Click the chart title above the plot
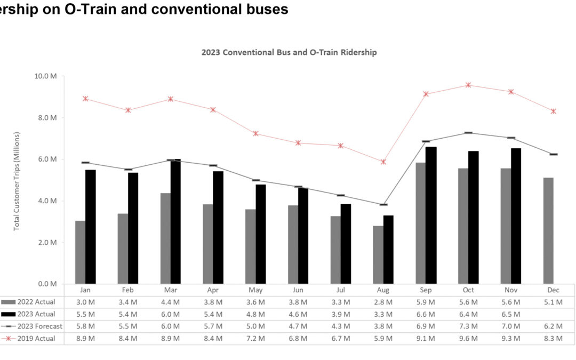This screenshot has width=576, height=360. (x=289, y=52)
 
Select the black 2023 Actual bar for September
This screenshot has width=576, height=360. (x=431, y=215)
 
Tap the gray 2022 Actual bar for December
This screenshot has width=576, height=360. (x=548, y=230)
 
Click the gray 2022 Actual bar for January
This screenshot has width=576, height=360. (x=80, y=252)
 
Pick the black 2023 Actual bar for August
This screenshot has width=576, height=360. (x=388, y=249)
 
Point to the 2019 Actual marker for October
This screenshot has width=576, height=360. (x=468, y=85)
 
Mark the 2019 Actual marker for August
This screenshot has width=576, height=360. (x=383, y=162)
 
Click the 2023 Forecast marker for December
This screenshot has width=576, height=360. (x=554, y=154)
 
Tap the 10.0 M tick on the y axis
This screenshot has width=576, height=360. (x=46, y=76)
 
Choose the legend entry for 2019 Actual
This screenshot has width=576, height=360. (x=33, y=338)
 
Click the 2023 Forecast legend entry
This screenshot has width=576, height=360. (x=35, y=326)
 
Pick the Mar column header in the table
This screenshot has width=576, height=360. (x=171, y=290)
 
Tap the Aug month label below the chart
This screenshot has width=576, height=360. (x=383, y=290)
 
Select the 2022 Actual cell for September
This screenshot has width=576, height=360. (x=426, y=302)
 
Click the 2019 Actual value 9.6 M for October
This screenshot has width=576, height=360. (x=468, y=338)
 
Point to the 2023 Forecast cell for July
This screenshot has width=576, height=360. (x=341, y=326)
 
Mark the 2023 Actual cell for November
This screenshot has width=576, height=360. (x=511, y=314)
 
